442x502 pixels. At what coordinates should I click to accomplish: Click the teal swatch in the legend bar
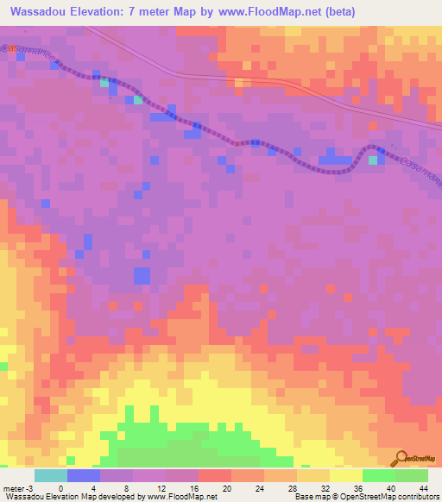(50, 475)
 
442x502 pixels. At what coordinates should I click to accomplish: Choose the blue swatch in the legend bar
(83, 475)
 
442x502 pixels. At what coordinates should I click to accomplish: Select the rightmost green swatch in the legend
(411, 475)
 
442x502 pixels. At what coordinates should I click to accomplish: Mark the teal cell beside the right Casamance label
(374, 160)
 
